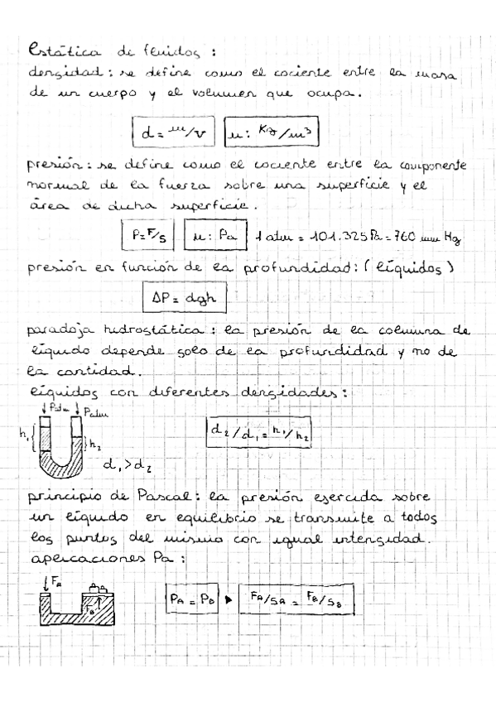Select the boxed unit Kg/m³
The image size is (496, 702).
(272, 132)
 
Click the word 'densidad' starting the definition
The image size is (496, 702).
(55, 73)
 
